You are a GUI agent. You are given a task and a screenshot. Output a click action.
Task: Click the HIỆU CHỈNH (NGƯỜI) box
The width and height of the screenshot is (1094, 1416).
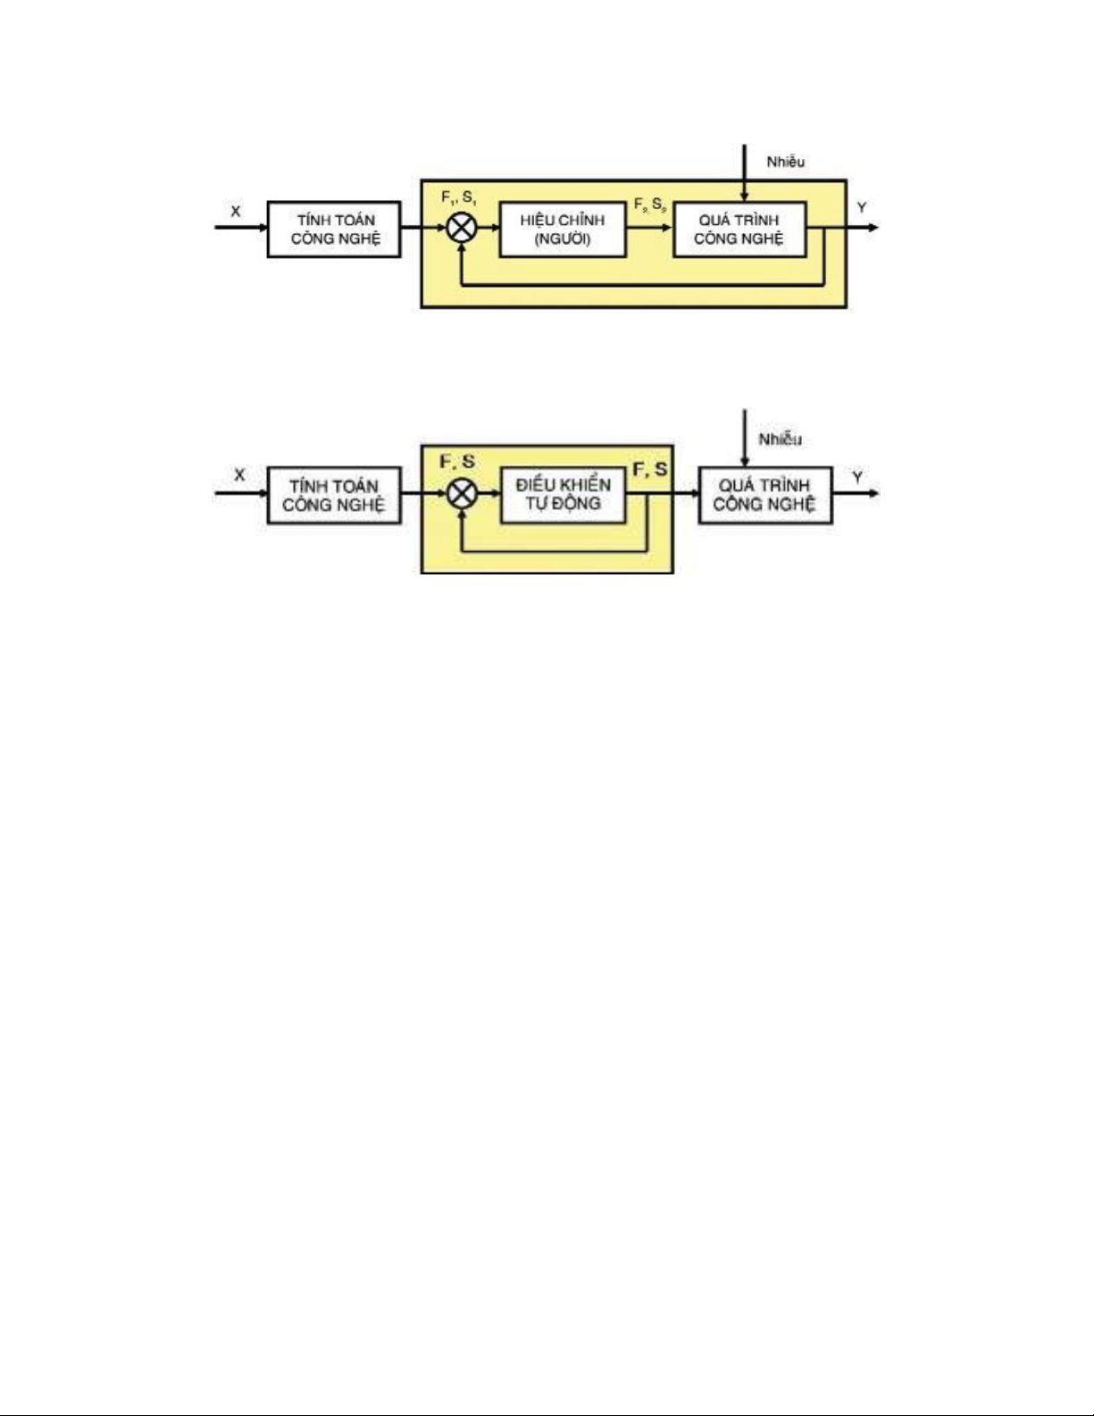tap(562, 230)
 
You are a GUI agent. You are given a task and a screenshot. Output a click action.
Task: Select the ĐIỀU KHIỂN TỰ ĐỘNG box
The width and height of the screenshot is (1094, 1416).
tap(562, 494)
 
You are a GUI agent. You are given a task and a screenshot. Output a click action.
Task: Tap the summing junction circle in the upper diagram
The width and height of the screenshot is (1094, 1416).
tap(461, 228)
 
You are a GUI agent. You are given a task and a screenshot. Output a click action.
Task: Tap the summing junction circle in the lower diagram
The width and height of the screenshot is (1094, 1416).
tap(461, 492)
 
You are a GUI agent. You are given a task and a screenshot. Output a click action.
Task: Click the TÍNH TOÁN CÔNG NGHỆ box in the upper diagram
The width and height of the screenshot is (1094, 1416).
tap(334, 230)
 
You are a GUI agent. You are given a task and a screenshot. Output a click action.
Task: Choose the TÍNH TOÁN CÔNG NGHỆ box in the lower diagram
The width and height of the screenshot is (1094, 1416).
tap(334, 495)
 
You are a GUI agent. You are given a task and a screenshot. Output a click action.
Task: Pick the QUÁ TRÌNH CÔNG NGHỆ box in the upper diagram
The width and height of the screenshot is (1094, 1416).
tap(739, 230)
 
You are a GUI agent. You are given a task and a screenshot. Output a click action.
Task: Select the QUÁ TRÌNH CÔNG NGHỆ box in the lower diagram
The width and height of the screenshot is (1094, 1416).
tap(764, 495)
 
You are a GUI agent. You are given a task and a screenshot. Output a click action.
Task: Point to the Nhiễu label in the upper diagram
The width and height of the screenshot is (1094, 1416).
tap(785, 162)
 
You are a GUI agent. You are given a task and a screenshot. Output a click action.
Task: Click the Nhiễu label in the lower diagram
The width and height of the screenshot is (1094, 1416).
tap(780, 439)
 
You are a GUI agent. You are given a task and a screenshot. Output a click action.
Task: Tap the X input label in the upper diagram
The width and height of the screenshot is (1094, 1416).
tap(236, 212)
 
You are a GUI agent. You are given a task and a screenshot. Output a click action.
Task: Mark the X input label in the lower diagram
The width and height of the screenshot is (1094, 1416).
tap(239, 475)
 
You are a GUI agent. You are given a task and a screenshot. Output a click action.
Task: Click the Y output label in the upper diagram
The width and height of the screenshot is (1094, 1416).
tap(861, 208)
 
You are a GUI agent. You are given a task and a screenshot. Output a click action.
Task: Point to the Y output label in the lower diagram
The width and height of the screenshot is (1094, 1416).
tap(857, 477)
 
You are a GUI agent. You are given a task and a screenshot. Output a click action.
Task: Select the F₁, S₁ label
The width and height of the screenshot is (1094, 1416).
tap(459, 198)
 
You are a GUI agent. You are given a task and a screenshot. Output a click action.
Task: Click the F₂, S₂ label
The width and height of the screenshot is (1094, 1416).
tap(649, 205)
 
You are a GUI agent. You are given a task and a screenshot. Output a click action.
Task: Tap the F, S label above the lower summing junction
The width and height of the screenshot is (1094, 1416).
tap(457, 463)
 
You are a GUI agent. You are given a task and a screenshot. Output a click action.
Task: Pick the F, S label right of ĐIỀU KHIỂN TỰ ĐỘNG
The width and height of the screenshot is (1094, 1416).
tap(650, 469)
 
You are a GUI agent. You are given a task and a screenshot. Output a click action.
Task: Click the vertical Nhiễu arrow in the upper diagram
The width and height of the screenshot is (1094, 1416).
tap(744, 174)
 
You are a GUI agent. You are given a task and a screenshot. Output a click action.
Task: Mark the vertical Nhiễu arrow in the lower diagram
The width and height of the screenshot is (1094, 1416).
tap(744, 438)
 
